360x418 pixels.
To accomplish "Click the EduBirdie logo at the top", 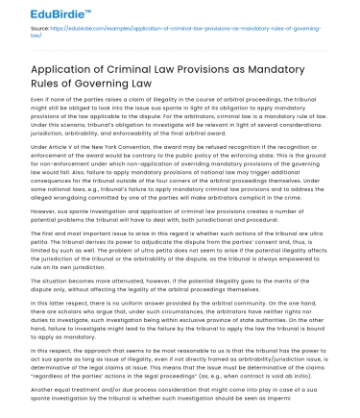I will tap(38, 11).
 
